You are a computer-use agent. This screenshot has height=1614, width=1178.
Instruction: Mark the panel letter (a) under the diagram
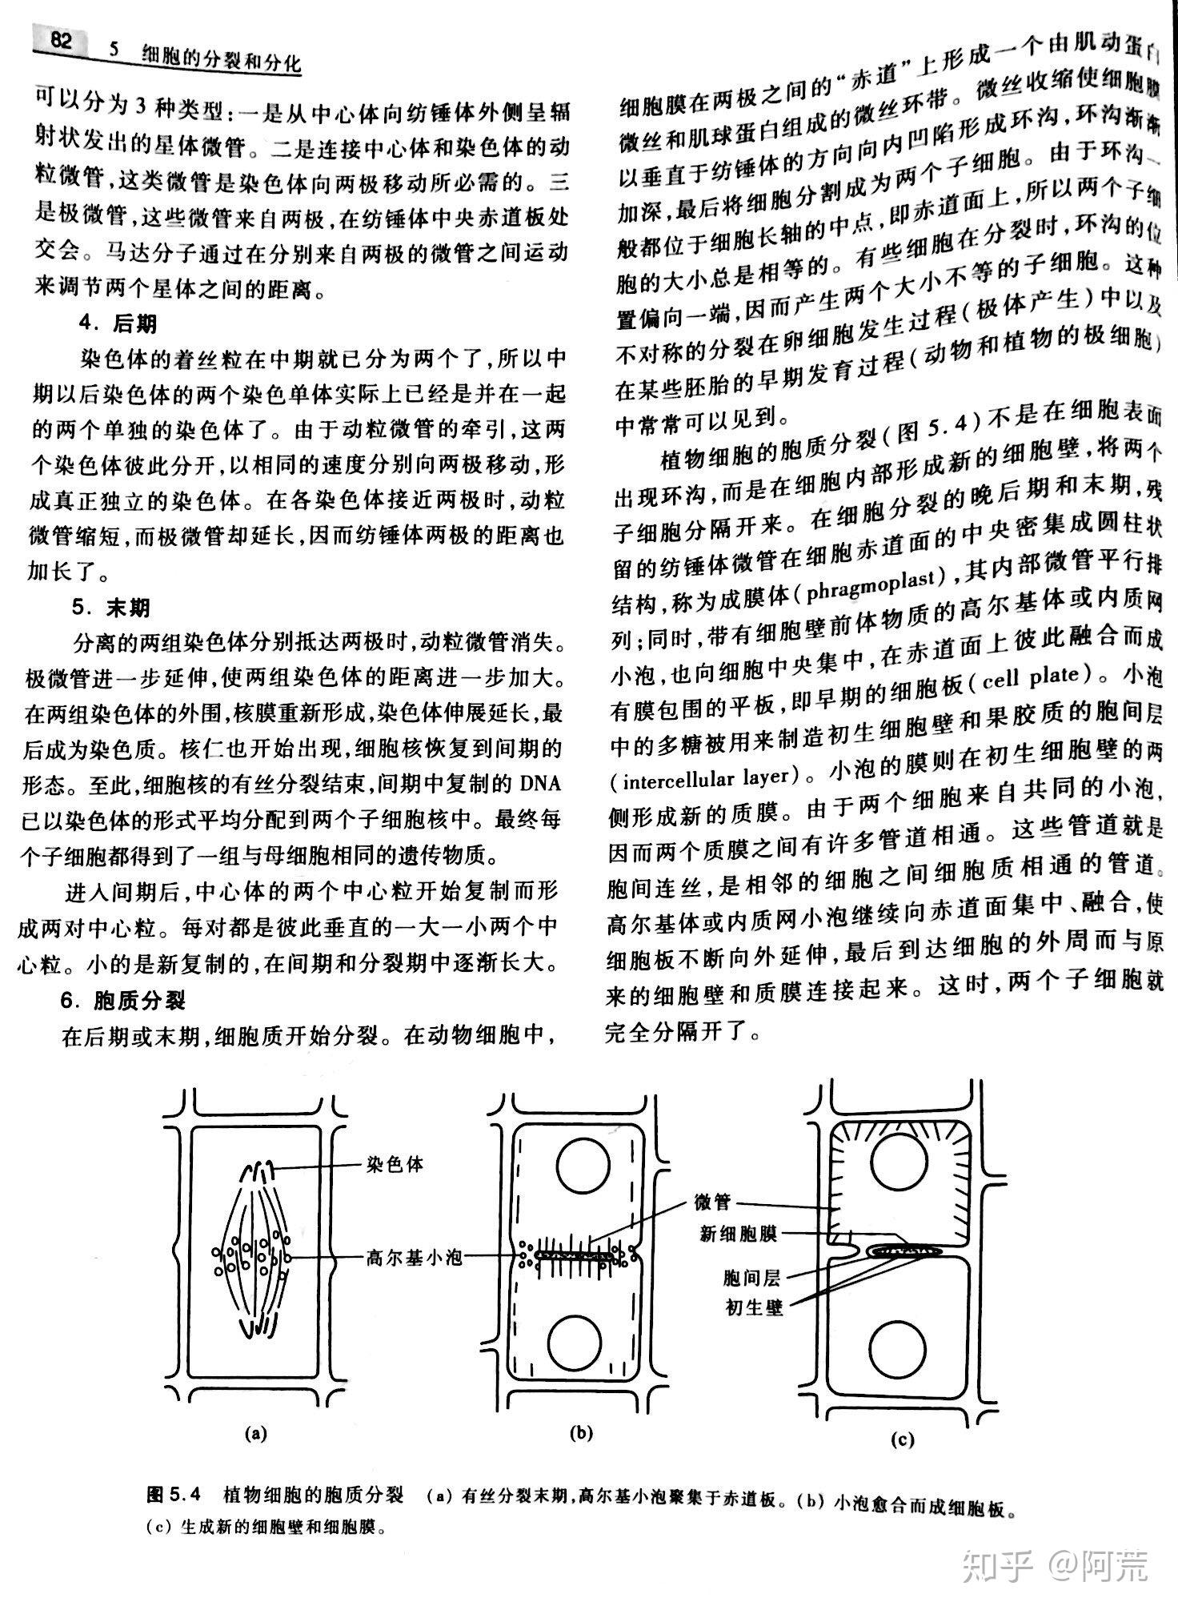point(256,1433)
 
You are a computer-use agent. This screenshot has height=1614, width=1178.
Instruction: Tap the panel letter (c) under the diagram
point(902,1441)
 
